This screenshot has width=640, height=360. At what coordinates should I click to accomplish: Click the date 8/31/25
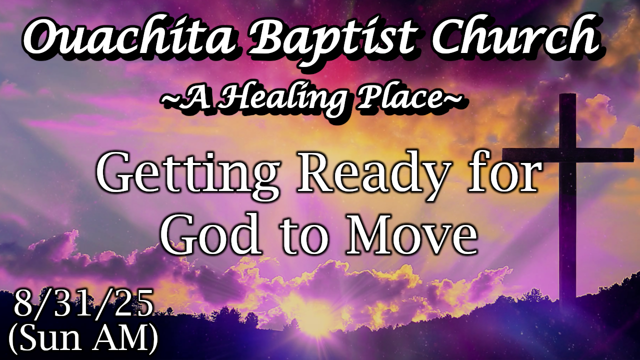click(x=83, y=303)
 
